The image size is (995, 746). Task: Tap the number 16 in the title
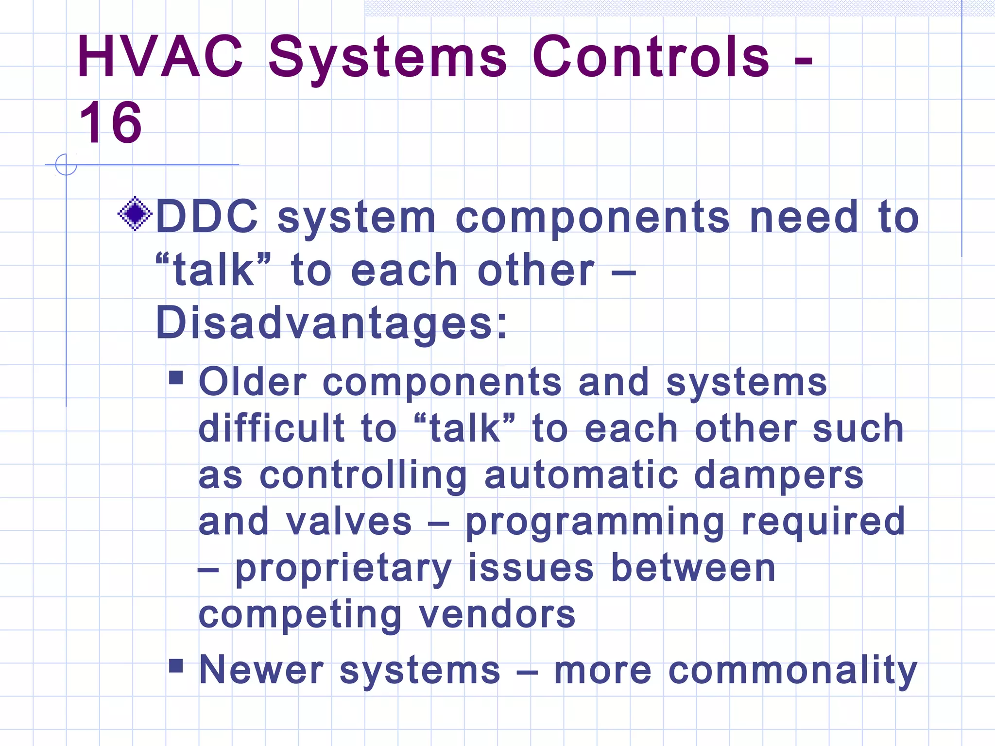point(111,123)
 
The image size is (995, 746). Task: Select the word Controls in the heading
point(651,57)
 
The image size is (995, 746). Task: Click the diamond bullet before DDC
point(135,213)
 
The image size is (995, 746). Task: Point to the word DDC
point(207,217)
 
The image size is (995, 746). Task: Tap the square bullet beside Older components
point(176,377)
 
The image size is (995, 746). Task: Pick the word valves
point(348,522)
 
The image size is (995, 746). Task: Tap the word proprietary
point(343,569)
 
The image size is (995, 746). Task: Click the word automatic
point(581,475)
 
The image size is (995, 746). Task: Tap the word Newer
point(261,670)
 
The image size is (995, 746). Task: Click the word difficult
point(272,428)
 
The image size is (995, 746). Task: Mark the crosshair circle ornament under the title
point(66,165)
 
